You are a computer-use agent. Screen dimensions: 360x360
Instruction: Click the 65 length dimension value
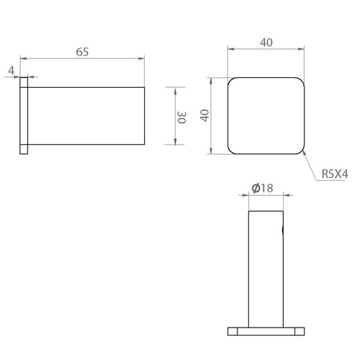click(82, 52)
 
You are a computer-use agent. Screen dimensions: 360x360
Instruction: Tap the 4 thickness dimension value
click(12, 71)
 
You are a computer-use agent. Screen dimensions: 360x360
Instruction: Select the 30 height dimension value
click(181, 117)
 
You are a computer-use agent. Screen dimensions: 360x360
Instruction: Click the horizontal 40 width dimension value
click(266, 42)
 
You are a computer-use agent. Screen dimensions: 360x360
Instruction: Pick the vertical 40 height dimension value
click(204, 115)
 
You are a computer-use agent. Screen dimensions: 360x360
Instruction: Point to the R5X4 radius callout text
click(335, 174)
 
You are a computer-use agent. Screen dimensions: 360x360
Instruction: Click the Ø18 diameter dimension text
click(262, 188)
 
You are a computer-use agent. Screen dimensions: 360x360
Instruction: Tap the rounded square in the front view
click(266, 78)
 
